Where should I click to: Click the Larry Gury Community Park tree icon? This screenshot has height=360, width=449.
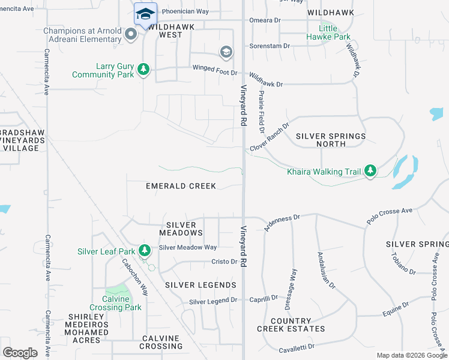(x=143, y=70)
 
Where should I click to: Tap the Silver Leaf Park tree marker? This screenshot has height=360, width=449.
(x=144, y=250)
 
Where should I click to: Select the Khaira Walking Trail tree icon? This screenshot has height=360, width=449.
(x=371, y=172)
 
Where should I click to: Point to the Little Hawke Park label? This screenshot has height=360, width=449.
(x=335, y=32)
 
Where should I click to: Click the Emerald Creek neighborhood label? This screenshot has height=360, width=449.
(x=181, y=186)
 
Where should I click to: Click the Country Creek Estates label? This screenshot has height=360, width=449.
(x=291, y=325)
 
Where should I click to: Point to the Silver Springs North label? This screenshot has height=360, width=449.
(x=331, y=140)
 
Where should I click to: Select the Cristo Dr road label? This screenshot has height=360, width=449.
(x=224, y=262)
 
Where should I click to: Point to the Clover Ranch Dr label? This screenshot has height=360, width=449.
(x=270, y=137)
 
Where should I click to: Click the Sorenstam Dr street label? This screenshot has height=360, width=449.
(x=270, y=46)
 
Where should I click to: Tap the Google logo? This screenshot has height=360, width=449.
(x=20, y=353)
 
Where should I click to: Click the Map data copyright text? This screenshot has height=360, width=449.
(x=411, y=355)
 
